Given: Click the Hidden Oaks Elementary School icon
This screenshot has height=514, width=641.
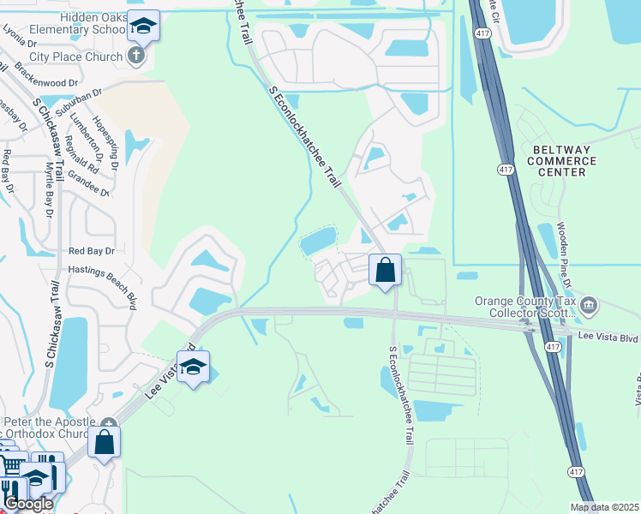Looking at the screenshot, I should coord(144,26).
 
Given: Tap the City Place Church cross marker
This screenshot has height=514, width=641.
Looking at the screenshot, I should coord(135,57).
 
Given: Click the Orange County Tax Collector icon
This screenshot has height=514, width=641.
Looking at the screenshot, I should coord(589,305).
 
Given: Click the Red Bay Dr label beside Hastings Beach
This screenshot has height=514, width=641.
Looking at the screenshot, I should coord(91,251).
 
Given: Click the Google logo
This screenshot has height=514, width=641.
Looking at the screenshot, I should coord(27,504).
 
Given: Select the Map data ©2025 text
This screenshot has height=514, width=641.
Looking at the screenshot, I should coord(605,507).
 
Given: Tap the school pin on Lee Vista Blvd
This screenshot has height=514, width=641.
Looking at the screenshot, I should coord(194,368).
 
